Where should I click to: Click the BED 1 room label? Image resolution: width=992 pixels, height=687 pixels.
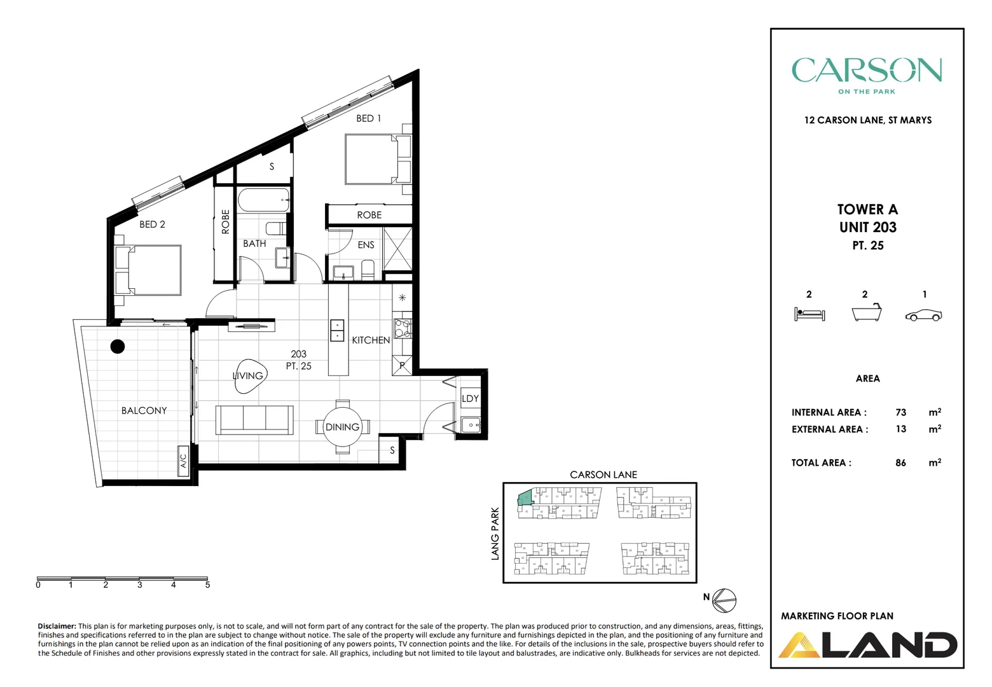pos(368,118)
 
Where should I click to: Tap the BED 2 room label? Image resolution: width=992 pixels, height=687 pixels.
pos(152,224)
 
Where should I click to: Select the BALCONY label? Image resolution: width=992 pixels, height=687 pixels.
pos(144,410)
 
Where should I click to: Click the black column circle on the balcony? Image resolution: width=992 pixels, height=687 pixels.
pos(118,347)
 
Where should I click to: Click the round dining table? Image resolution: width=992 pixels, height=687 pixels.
pos(342,427)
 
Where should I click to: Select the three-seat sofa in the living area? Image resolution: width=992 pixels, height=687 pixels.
pos(254,420)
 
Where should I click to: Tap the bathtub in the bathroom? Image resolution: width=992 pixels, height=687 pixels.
pos(264,200)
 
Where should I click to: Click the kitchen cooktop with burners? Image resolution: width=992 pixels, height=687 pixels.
pos(402,328)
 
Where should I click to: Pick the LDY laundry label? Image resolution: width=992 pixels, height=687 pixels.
pos(470,398)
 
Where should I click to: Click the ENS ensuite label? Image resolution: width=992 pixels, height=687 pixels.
pos(366,245)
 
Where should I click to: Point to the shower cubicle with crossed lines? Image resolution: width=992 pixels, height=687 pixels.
pos(397,249)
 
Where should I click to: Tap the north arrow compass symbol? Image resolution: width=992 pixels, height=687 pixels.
pos(724,600)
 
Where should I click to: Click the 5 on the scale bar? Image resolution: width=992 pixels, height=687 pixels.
pos(207,585)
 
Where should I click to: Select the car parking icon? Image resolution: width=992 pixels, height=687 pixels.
pos(923,315)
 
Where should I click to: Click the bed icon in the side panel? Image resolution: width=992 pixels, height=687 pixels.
pos(809,314)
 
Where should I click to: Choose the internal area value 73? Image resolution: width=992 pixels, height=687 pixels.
pos(900,412)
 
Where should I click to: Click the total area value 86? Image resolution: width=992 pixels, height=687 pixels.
pos(900,462)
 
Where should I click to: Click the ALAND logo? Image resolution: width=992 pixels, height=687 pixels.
pos(868,644)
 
